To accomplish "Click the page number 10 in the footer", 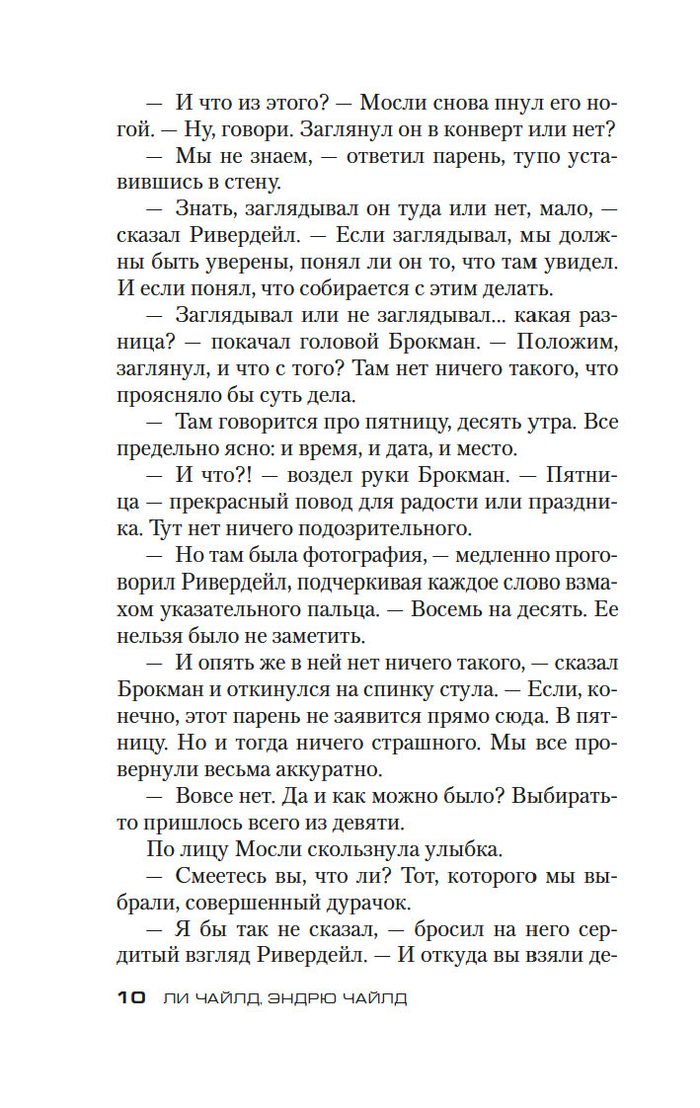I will (131, 998).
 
